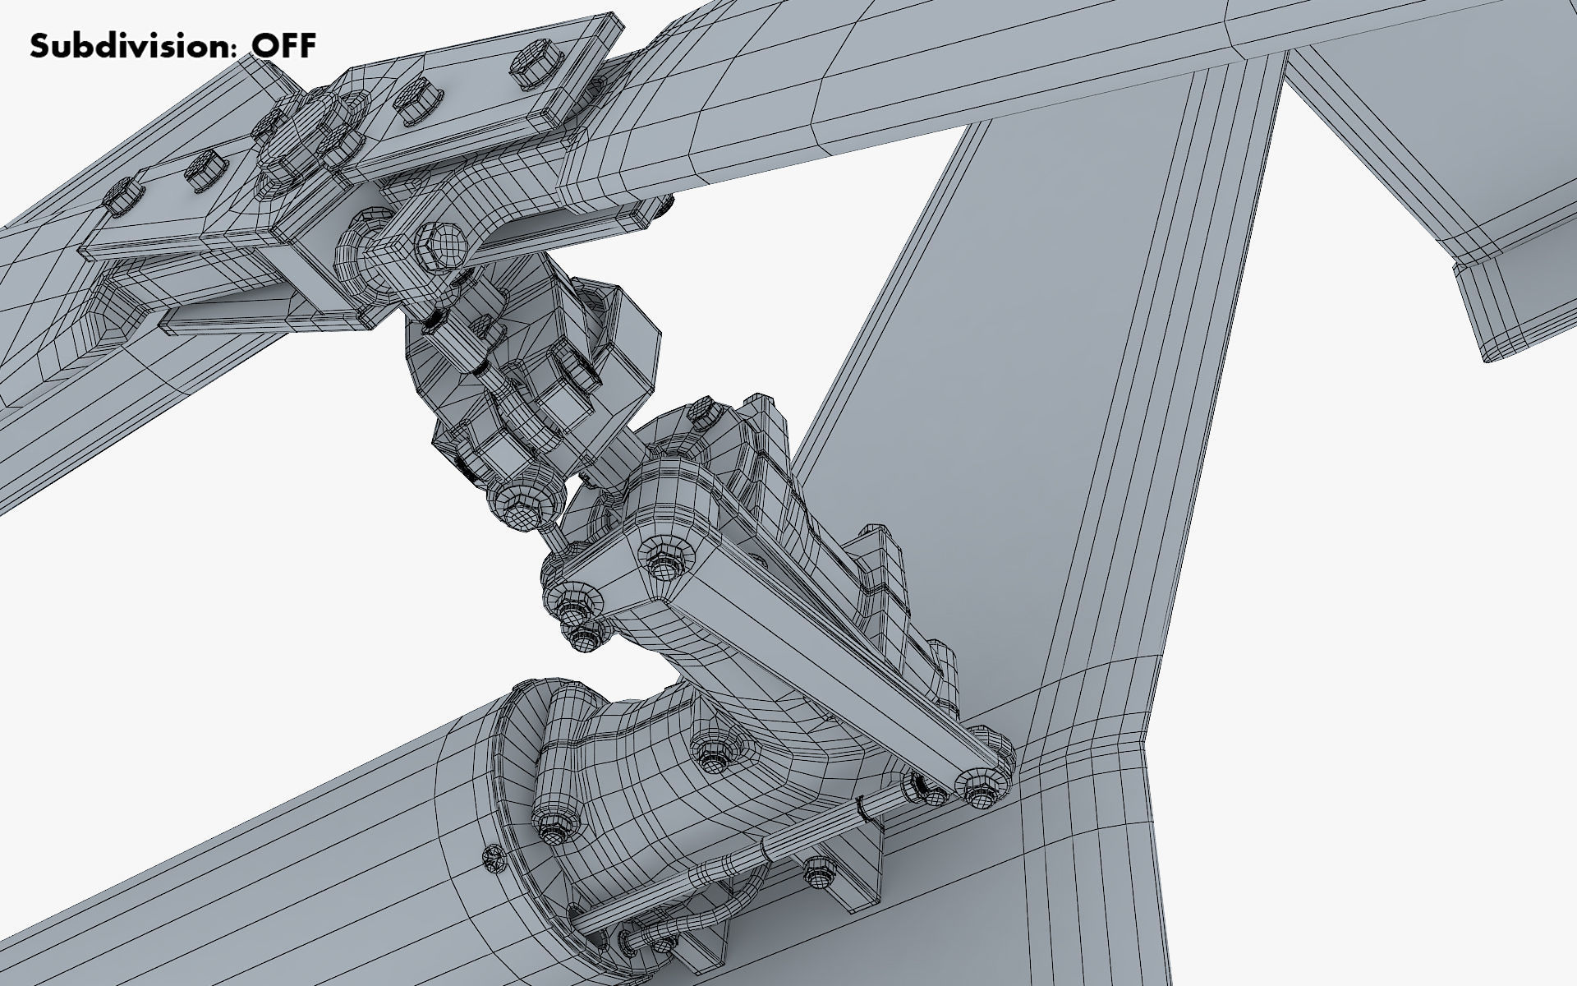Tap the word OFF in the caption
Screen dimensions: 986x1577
coord(283,46)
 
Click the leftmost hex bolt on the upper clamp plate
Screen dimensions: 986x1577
coord(121,197)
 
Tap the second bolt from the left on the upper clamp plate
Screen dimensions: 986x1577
coord(201,173)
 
